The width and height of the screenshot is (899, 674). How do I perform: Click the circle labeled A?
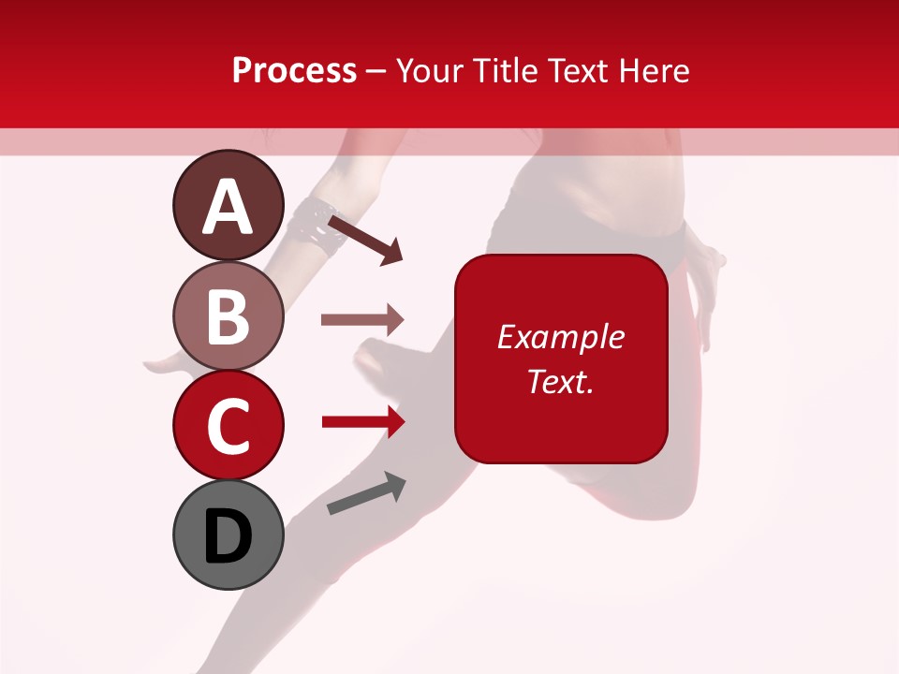[228, 206]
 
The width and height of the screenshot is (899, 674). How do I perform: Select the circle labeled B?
[228, 315]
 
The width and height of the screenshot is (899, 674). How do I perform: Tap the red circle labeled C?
[228, 426]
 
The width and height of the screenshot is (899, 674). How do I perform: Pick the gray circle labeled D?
[228, 535]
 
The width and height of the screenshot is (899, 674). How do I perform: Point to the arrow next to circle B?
[361, 320]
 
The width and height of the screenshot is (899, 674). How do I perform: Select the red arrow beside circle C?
[362, 422]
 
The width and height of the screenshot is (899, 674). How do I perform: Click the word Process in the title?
[294, 70]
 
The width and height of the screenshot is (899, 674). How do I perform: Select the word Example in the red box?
[560, 337]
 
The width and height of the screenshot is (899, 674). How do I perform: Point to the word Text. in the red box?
[560, 381]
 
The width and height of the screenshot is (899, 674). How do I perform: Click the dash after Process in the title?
[376, 71]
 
